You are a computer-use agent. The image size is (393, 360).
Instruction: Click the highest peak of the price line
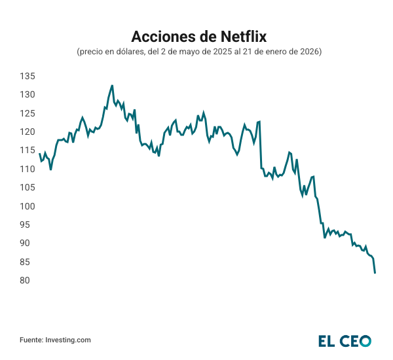pyautogui.click(x=112, y=85)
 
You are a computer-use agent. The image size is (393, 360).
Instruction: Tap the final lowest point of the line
pyautogui.click(x=375, y=273)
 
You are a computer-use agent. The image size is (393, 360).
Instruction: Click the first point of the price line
pyautogui.click(x=39, y=153)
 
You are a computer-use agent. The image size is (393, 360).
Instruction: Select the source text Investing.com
pyautogui.click(x=67, y=340)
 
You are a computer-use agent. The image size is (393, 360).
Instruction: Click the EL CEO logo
pyautogui.click(x=345, y=340)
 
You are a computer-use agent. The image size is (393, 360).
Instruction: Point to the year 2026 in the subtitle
pyautogui.click(x=309, y=51)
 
